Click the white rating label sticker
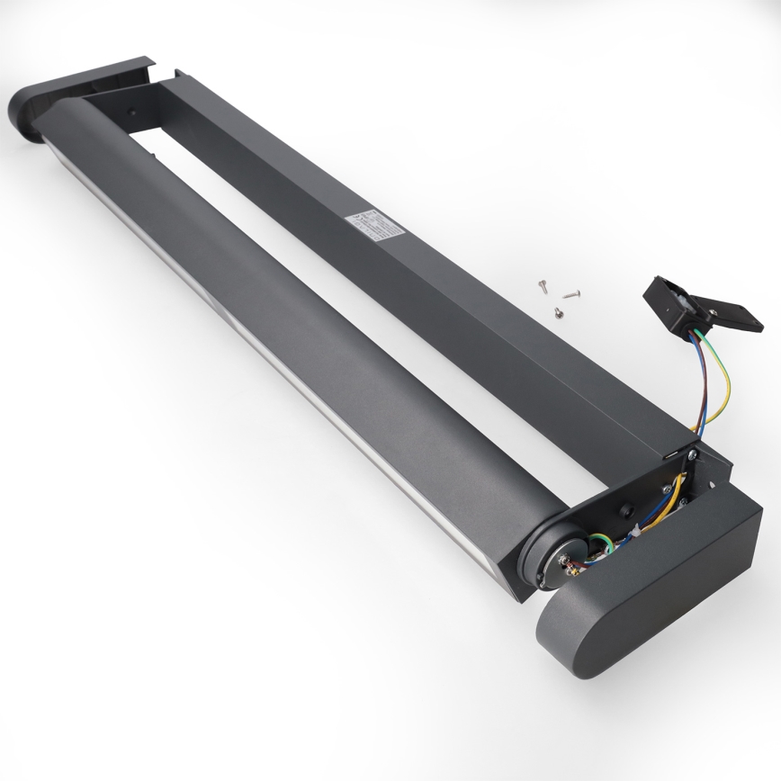(376, 225)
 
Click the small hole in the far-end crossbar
(132, 115)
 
